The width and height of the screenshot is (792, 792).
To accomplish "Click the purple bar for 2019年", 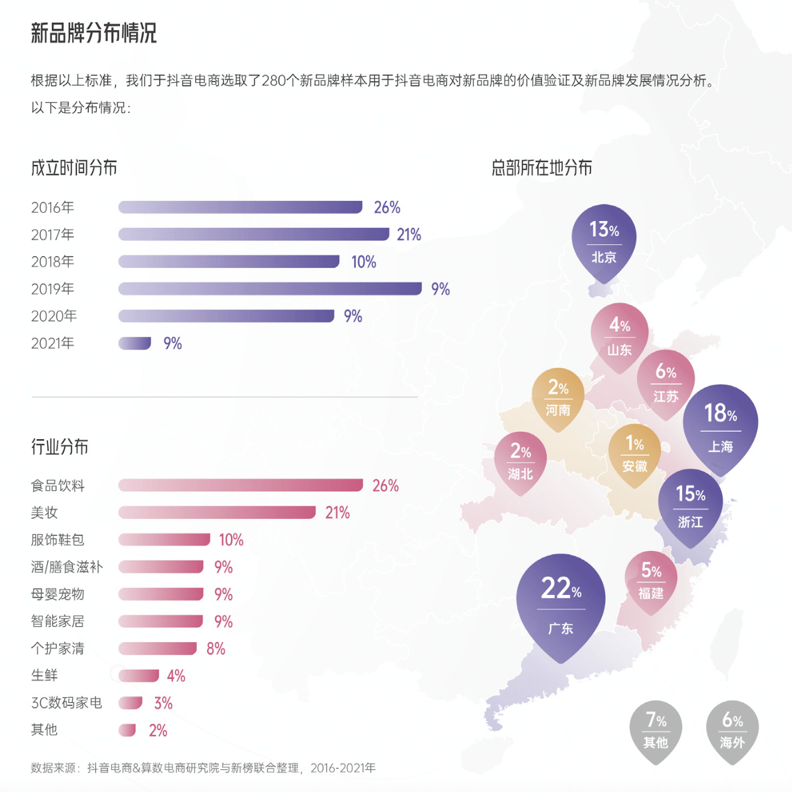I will click(x=270, y=289).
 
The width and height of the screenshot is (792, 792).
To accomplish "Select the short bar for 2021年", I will click(x=134, y=343).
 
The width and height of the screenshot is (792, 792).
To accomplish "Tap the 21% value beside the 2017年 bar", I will click(x=409, y=235).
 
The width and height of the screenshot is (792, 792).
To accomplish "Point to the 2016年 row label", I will click(x=53, y=208).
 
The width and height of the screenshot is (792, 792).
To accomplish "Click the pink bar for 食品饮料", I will click(x=240, y=485).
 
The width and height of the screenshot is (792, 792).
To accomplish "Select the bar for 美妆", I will click(x=217, y=513).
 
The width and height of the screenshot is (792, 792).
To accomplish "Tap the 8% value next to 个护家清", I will click(x=216, y=649).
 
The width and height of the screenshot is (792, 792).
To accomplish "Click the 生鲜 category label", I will click(x=45, y=676).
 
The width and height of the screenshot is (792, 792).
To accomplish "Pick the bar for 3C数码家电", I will click(x=130, y=703).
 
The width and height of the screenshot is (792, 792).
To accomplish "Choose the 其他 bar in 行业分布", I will click(x=127, y=730).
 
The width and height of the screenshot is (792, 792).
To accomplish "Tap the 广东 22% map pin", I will click(x=560, y=602).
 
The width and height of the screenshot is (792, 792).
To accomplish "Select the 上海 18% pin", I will click(x=720, y=427).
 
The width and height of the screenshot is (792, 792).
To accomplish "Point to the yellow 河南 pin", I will click(x=558, y=397).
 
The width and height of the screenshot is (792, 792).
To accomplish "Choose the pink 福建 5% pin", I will click(x=651, y=581).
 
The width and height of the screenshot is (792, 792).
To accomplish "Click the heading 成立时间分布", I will click(x=74, y=168).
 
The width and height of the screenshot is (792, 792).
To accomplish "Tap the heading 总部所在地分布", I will click(x=542, y=168).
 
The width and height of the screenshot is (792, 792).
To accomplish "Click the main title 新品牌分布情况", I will click(x=94, y=33).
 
